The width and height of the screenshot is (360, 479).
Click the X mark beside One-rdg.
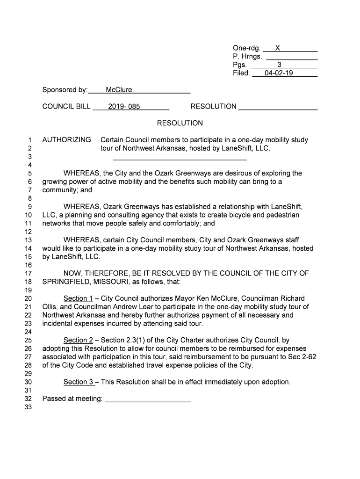pos(277,48)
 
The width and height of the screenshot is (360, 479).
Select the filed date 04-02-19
pos(279,73)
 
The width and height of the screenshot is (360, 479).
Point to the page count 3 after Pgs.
pos(279,65)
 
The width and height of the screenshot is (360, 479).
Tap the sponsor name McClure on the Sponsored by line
pos(119,90)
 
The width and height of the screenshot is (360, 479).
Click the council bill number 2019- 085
pos(124,107)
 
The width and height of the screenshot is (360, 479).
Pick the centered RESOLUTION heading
pos(180,123)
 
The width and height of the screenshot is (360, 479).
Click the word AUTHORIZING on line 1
pos(66,140)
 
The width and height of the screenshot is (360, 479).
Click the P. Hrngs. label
pos(247,57)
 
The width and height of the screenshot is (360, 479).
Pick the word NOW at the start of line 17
pos(72,274)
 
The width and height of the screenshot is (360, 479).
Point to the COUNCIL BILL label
pos(66,107)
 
